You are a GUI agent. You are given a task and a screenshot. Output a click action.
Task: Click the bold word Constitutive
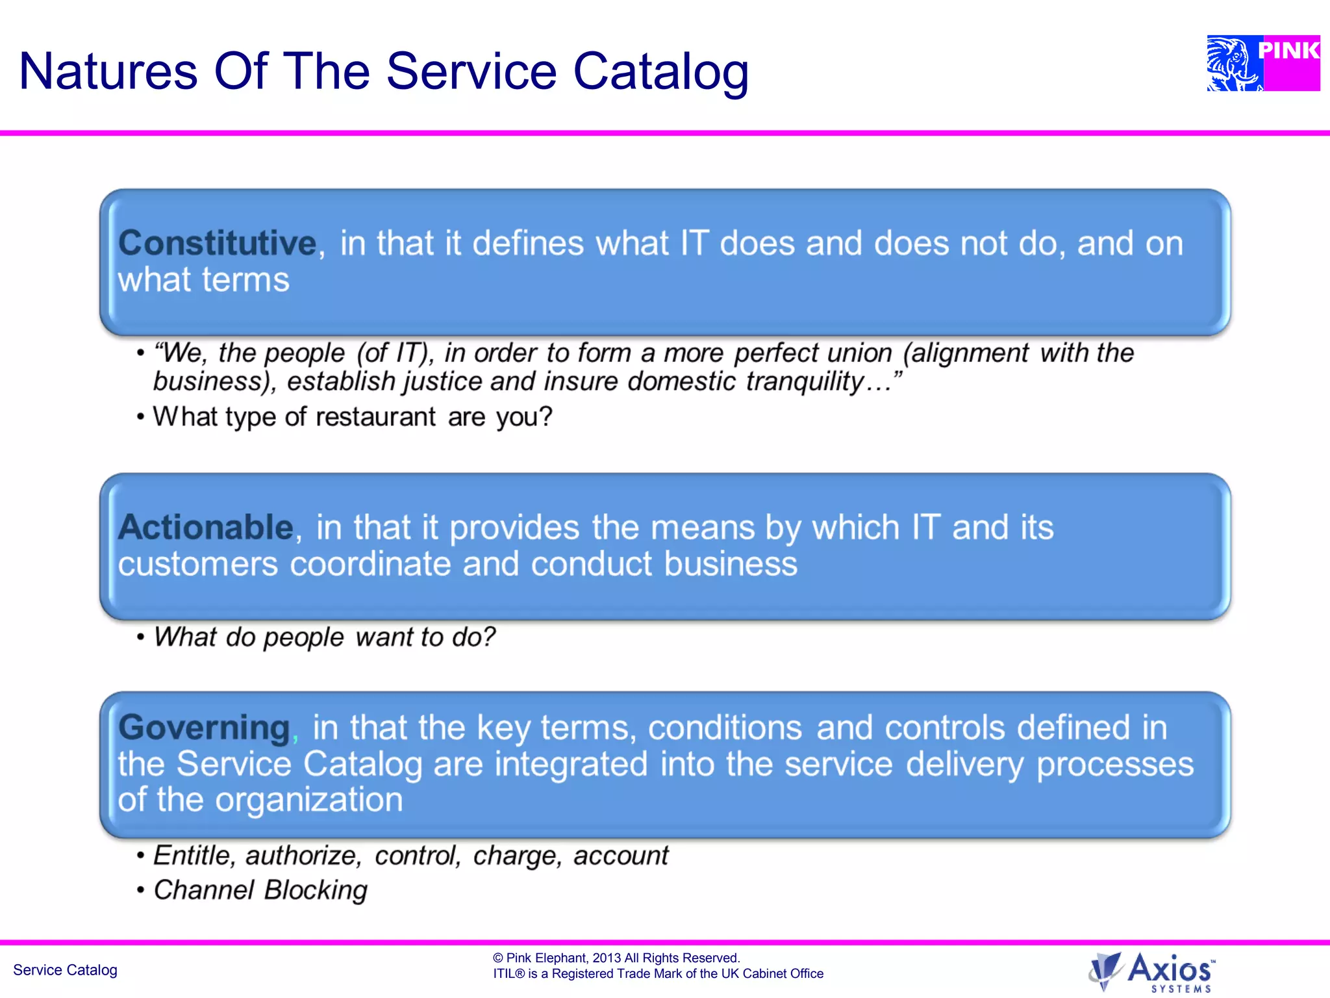click(x=217, y=243)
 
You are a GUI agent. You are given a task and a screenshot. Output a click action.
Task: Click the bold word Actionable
click(x=206, y=527)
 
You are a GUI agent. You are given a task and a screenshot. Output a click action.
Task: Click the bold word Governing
click(x=204, y=727)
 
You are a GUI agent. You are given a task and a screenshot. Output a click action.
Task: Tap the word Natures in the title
click(x=108, y=71)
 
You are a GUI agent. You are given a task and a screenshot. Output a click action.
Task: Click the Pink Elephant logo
click(x=1262, y=63)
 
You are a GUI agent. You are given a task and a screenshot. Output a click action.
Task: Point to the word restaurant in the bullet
click(x=375, y=417)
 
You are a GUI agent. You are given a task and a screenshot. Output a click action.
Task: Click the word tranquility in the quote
click(x=805, y=381)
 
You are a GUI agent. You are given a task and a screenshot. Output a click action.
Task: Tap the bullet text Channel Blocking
click(x=260, y=890)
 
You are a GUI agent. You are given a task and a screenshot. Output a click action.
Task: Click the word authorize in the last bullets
click(x=302, y=856)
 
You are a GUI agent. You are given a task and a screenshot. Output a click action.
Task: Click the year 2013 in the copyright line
click(x=607, y=958)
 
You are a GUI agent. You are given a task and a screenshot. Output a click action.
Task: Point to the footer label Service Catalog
click(x=65, y=970)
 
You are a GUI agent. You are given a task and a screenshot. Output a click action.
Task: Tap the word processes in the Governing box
click(x=1114, y=764)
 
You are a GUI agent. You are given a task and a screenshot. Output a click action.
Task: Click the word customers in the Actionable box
click(x=197, y=563)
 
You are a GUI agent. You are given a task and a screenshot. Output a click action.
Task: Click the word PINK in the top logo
click(x=1288, y=50)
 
